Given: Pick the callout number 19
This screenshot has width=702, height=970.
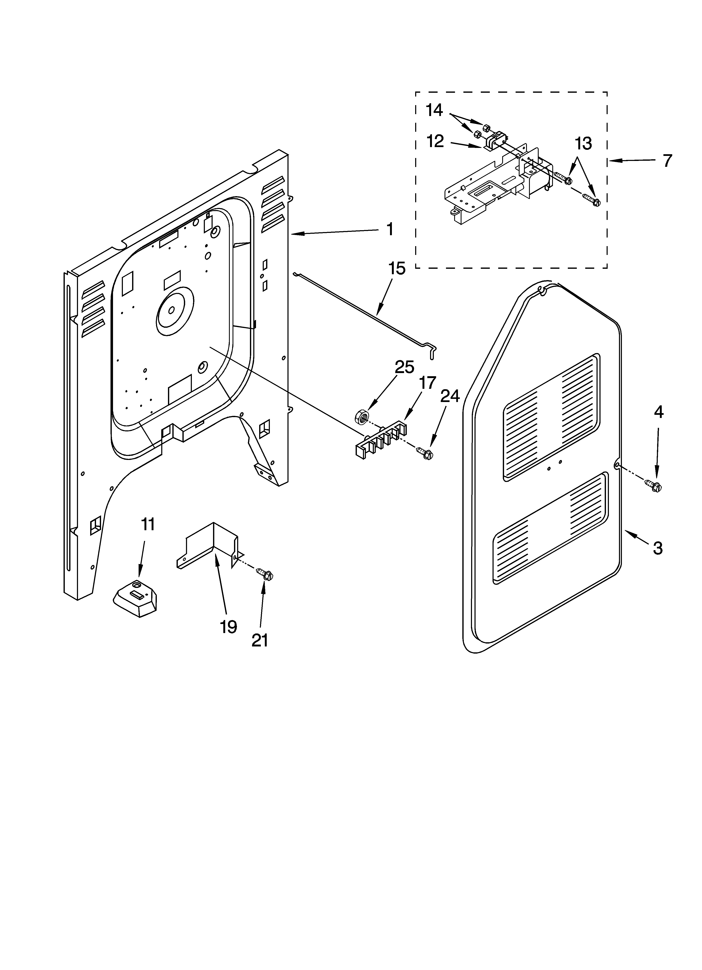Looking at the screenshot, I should point(228,627).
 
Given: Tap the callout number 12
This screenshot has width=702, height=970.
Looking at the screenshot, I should point(435,141).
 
